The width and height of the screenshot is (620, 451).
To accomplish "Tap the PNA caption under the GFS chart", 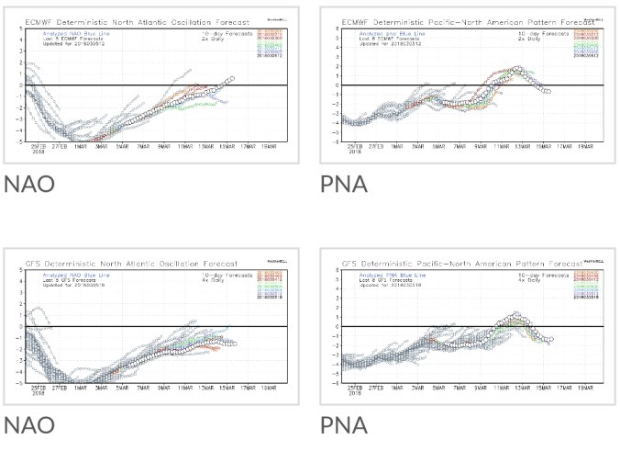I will click(343, 425).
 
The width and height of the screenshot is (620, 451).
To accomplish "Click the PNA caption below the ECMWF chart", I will click(343, 184).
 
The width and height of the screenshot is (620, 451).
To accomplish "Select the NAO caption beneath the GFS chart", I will click(28, 425).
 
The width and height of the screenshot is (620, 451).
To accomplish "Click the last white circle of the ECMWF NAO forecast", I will click(232, 78).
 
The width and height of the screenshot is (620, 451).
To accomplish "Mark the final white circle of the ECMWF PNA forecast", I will click(548, 92).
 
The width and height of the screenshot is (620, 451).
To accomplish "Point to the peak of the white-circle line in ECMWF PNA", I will click(518, 69).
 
